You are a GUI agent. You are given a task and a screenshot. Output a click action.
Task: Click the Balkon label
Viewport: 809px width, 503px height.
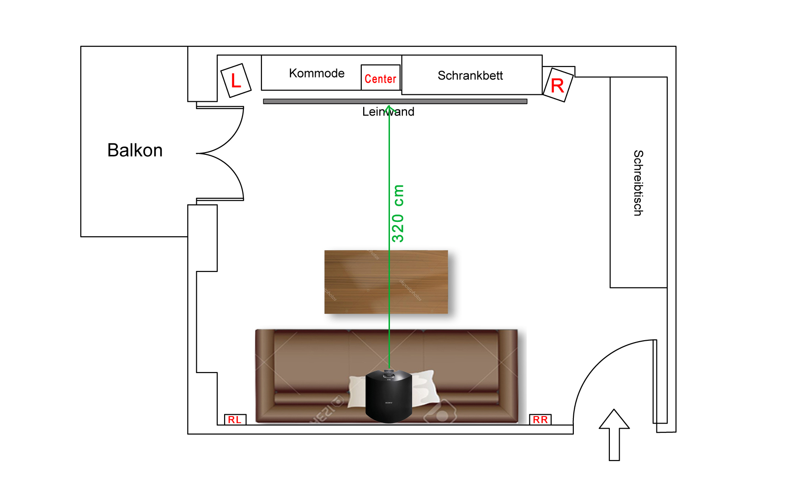135,150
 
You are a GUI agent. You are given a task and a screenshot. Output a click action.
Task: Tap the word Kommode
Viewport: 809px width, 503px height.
316,73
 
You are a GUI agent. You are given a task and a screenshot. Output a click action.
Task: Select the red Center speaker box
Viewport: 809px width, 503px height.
380,78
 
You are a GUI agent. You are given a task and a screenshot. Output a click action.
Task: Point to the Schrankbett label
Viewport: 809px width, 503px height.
470,75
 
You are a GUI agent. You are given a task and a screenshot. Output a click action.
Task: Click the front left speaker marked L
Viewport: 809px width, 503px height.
236,80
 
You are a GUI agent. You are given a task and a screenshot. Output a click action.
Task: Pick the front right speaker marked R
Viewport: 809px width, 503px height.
557,85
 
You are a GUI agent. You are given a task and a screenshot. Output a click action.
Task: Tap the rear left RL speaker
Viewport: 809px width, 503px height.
235,419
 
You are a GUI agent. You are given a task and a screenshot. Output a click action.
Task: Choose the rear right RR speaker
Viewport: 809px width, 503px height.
540,419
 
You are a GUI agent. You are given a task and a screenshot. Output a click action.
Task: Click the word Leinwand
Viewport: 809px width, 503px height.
388,112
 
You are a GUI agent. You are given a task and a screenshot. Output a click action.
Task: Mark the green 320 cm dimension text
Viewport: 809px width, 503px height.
398,213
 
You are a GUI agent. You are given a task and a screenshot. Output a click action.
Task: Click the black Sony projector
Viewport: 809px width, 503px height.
389,396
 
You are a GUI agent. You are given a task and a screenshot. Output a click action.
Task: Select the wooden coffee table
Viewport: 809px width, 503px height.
386,282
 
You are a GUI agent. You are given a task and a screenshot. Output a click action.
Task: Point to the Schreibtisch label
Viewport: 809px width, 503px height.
638,183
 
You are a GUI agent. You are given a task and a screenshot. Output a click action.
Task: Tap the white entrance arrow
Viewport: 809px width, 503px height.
614,435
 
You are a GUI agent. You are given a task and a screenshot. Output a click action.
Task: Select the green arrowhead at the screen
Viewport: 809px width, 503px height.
389,108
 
